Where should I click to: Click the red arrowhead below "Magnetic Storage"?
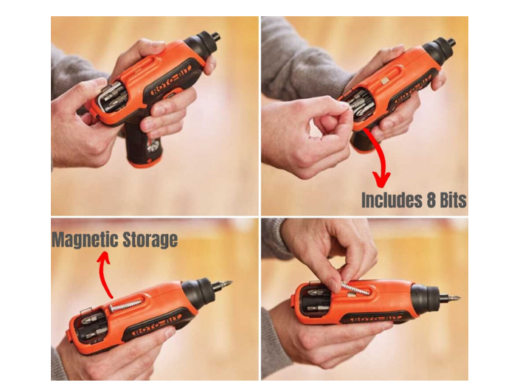[x=103, y=257]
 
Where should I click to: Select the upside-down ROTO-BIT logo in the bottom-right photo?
[x=372, y=319]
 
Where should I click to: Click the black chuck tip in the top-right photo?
[x=451, y=42]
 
